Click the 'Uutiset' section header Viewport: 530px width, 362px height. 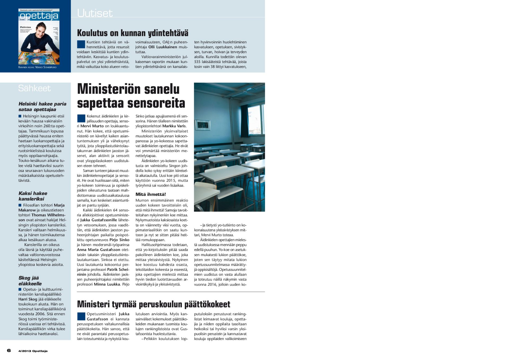click(95, 13)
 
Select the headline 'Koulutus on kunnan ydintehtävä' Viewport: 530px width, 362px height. click(132, 33)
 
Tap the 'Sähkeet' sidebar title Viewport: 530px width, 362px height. click(34, 88)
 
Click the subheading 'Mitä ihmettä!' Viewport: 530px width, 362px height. click(151, 194)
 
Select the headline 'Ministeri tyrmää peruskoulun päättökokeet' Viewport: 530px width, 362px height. click(153, 304)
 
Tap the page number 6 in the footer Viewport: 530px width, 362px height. click(9, 351)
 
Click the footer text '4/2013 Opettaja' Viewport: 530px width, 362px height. click(33, 351)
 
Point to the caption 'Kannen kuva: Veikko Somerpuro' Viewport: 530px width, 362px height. click(37, 67)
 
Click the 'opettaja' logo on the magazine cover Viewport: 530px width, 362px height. click(39, 16)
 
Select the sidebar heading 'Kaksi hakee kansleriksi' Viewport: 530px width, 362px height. click(33, 196)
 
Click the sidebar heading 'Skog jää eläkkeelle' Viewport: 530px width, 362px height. click(30, 281)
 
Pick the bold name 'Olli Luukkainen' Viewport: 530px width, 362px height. click(162, 47)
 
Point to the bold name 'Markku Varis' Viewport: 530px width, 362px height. click(174, 126)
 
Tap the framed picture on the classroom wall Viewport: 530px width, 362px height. click(203, 125)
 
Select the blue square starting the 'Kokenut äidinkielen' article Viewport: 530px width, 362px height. click(81, 118)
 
